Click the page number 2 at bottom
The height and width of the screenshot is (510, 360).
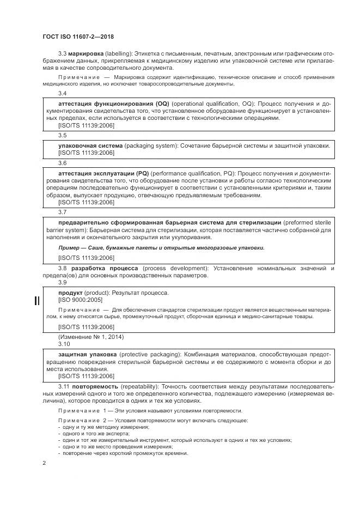[44, 463]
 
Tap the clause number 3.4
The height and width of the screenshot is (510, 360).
[63, 93]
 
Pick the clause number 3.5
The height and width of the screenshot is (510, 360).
[63, 135]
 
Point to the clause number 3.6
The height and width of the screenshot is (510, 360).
[63, 162]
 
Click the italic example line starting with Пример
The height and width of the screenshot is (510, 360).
[161, 247]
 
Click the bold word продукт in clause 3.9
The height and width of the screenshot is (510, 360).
[70, 293]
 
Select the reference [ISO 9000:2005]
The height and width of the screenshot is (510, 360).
[80, 300]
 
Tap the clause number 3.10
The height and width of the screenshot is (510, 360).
[64, 344]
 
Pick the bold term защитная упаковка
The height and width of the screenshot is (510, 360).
[85, 354]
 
